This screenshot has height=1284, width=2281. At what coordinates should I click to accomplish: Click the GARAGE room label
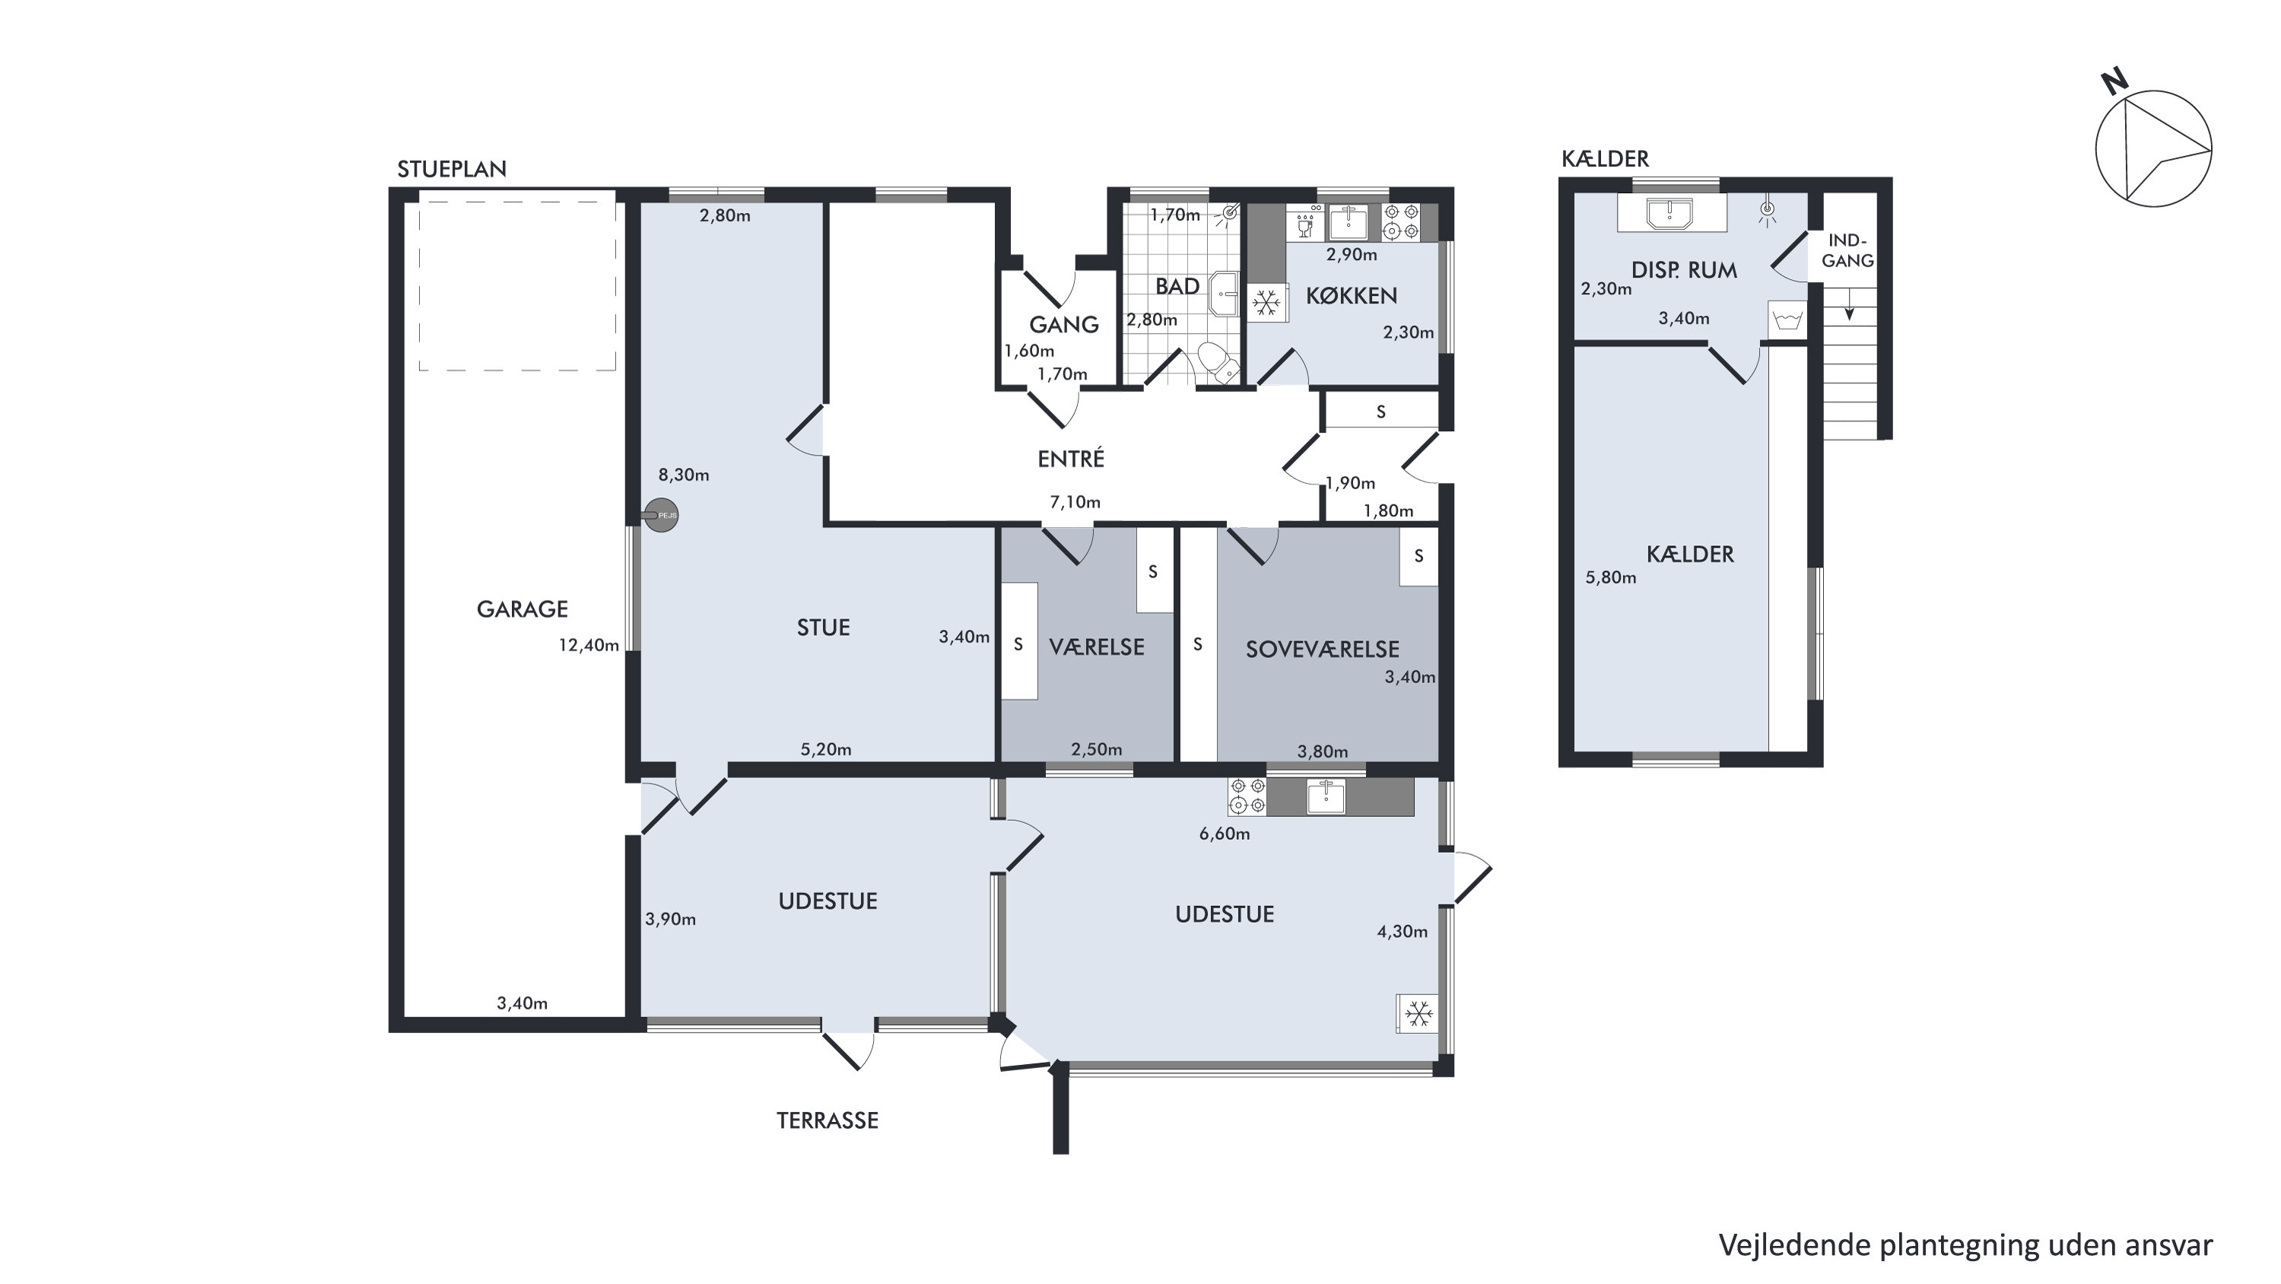tap(522, 609)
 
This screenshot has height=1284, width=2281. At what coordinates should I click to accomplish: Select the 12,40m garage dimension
tap(588, 646)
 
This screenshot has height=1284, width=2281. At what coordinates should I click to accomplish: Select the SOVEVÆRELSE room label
tap(1322, 649)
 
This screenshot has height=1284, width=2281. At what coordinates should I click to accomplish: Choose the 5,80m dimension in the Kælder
tap(1611, 577)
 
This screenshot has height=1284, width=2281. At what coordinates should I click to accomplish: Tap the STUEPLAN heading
tap(452, 169)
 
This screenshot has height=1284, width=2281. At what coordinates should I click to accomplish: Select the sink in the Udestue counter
tap(1326, 796)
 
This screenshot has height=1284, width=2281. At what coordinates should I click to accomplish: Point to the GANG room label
tap(1063, 324)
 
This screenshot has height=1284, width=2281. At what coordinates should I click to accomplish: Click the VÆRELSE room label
tap(1096, 647)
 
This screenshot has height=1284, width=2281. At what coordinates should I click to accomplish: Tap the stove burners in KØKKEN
tap(1402, 222)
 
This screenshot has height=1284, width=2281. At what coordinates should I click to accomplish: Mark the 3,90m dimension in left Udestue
tap(670, 919)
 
